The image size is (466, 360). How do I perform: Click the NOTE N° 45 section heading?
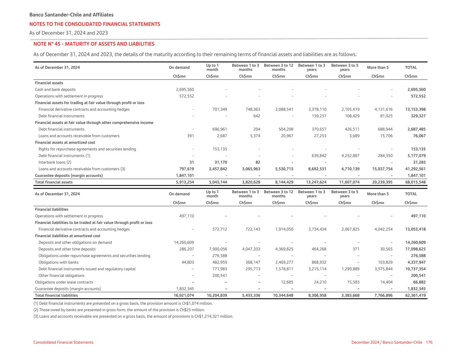pos(94,44)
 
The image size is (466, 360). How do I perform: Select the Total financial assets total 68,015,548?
pos(415,182)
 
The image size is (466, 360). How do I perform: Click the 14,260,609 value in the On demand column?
pos(184,243)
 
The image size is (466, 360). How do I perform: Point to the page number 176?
pos(429,342)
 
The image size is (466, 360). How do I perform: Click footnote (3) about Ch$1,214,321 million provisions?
pos(133,316)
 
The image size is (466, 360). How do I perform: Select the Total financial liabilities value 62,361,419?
pos(415,296)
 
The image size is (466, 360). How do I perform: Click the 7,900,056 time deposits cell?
pos(217,249)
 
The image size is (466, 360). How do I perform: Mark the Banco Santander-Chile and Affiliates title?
pos(71,15)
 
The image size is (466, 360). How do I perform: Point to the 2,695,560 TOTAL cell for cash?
pos(416,90)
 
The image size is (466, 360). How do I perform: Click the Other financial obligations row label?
pos(61,276)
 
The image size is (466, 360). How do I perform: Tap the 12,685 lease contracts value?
pos(286,282)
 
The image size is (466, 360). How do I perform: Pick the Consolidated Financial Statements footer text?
pos(63,342)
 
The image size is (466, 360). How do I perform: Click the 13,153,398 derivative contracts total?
pos(415,110)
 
